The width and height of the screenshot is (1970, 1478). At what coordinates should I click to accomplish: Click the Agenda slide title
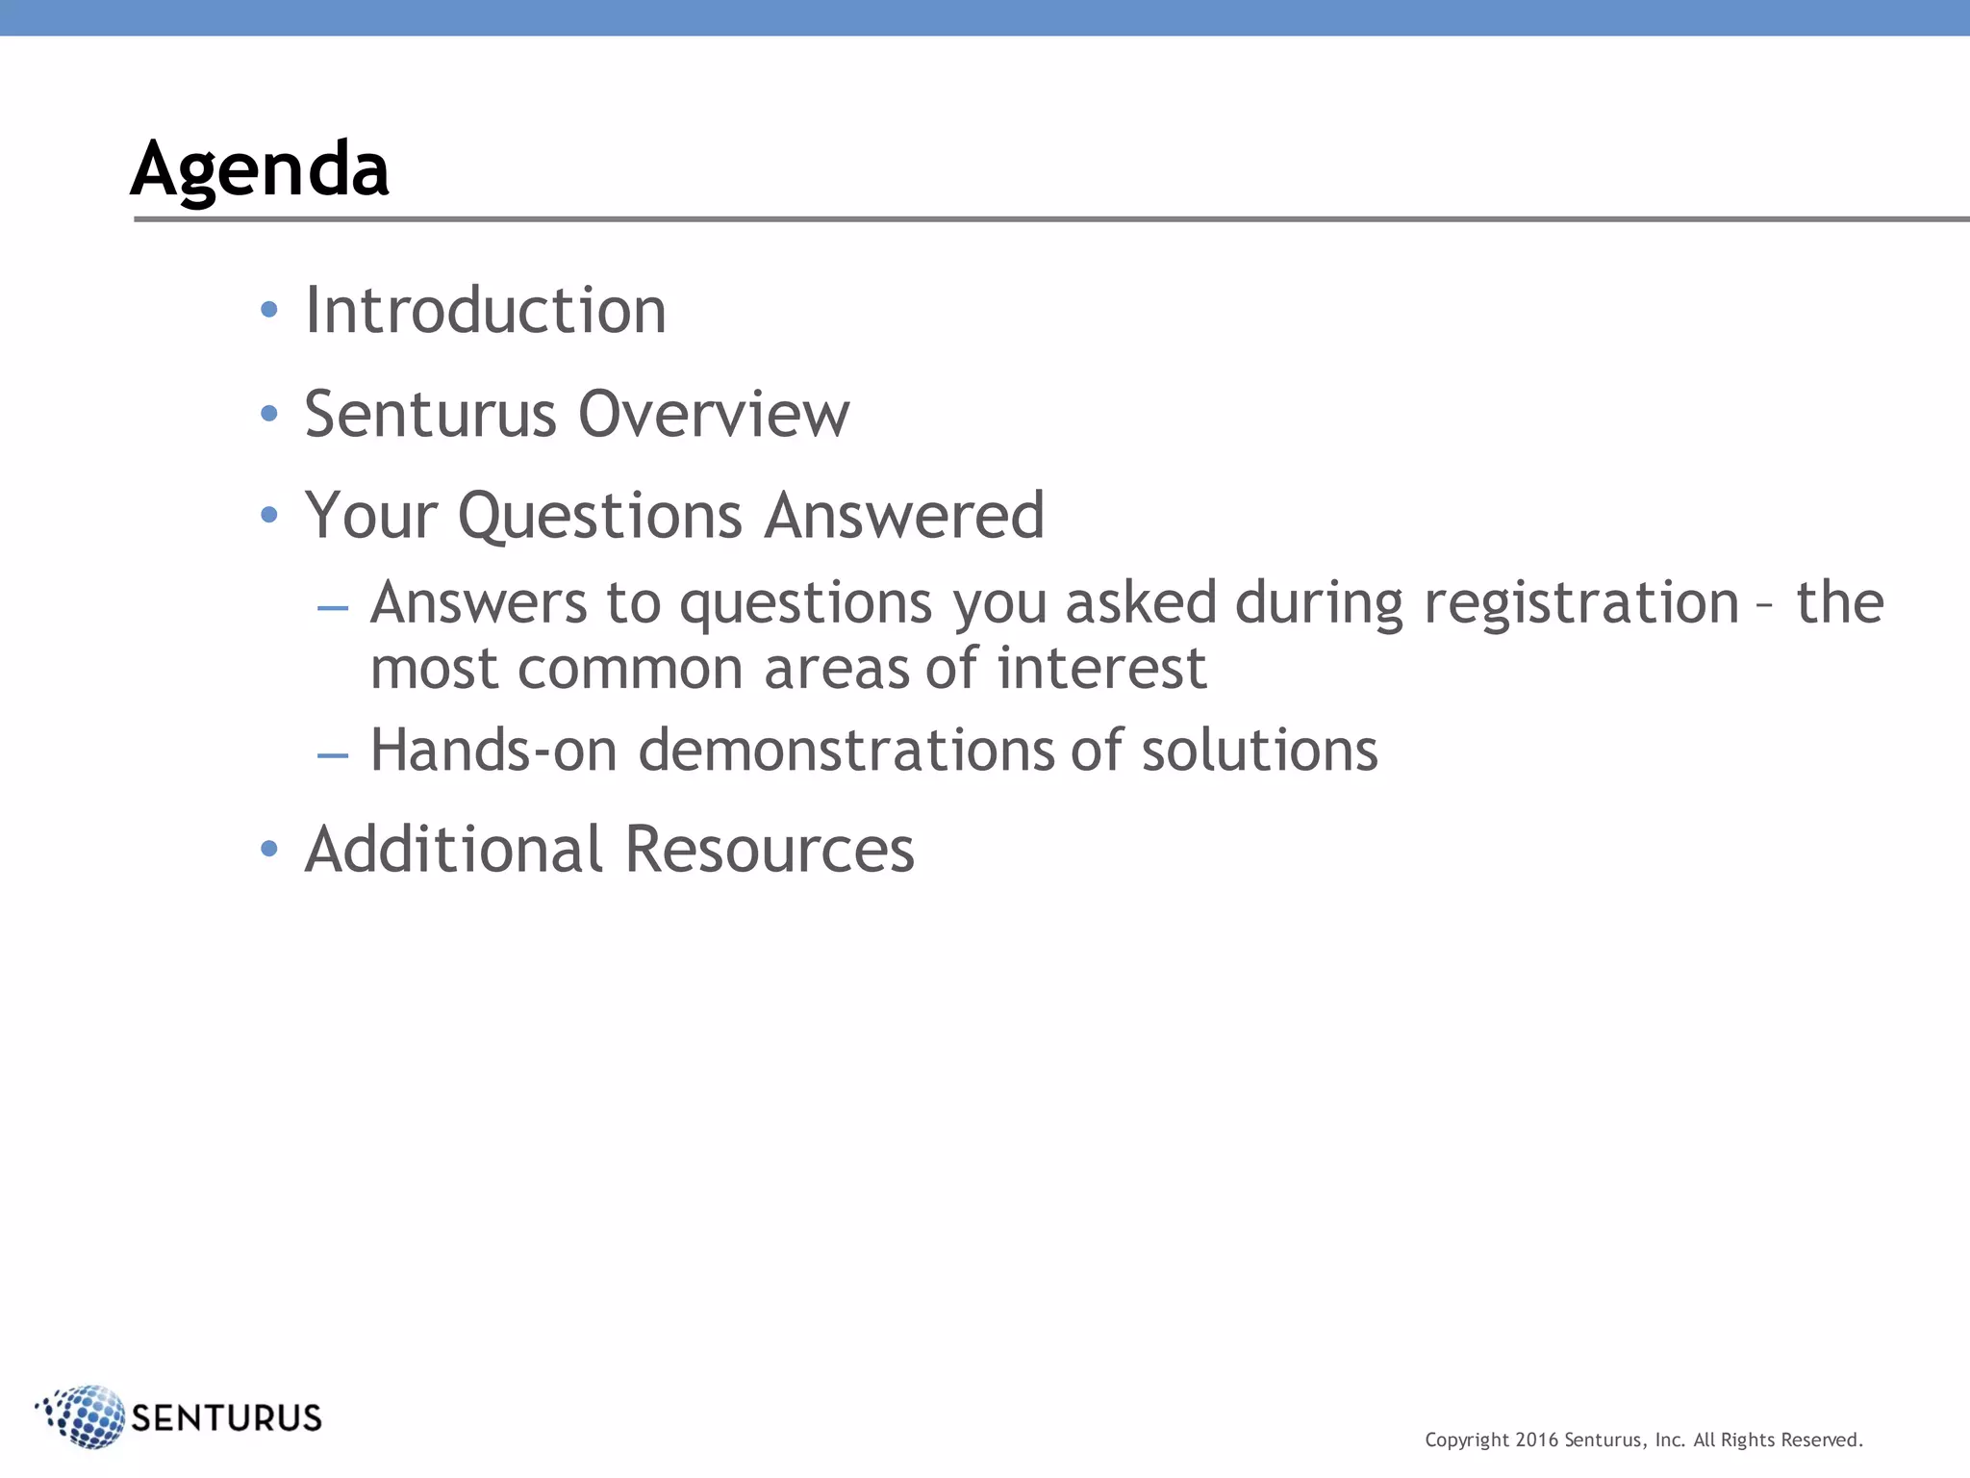pyautogui.click(x=260, y=169)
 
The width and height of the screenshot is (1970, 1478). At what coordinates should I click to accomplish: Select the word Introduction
pyautogui.click(x=486, y=311)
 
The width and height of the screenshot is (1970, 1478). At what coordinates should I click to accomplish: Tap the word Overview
pyautogui.click(x=714, y=415)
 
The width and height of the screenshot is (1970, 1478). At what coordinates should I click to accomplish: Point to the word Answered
pyautogui.click(x=904, y=515)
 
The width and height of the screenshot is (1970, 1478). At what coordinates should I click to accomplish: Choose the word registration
pyautogui.click(x=1581, y=603)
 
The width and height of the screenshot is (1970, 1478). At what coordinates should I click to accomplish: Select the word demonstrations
pyautogui.click(x=846, y=751)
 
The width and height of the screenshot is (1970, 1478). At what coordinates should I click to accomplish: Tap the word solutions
pyautogui.click(x=1259, y=751)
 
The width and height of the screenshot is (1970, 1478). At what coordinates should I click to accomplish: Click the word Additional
pyautogui.click(x=454, y=850)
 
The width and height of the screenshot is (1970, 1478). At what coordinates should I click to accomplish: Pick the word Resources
pyautogui.click(x=770, y=850)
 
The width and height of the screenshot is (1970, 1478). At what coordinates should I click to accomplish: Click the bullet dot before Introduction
pyautogui.click(x=269, y=310)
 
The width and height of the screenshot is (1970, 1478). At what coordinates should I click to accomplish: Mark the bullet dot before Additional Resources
pyautogui.click(x=269, y=849)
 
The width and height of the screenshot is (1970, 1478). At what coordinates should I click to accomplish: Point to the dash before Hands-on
pyautogui.click(x=333, y=756)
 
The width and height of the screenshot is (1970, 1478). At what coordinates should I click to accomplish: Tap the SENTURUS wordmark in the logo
pyautogui.click(x=227, y=1418)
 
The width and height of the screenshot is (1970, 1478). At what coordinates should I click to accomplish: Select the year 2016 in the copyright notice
pyautogui.click(x=1536, y=1440)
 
